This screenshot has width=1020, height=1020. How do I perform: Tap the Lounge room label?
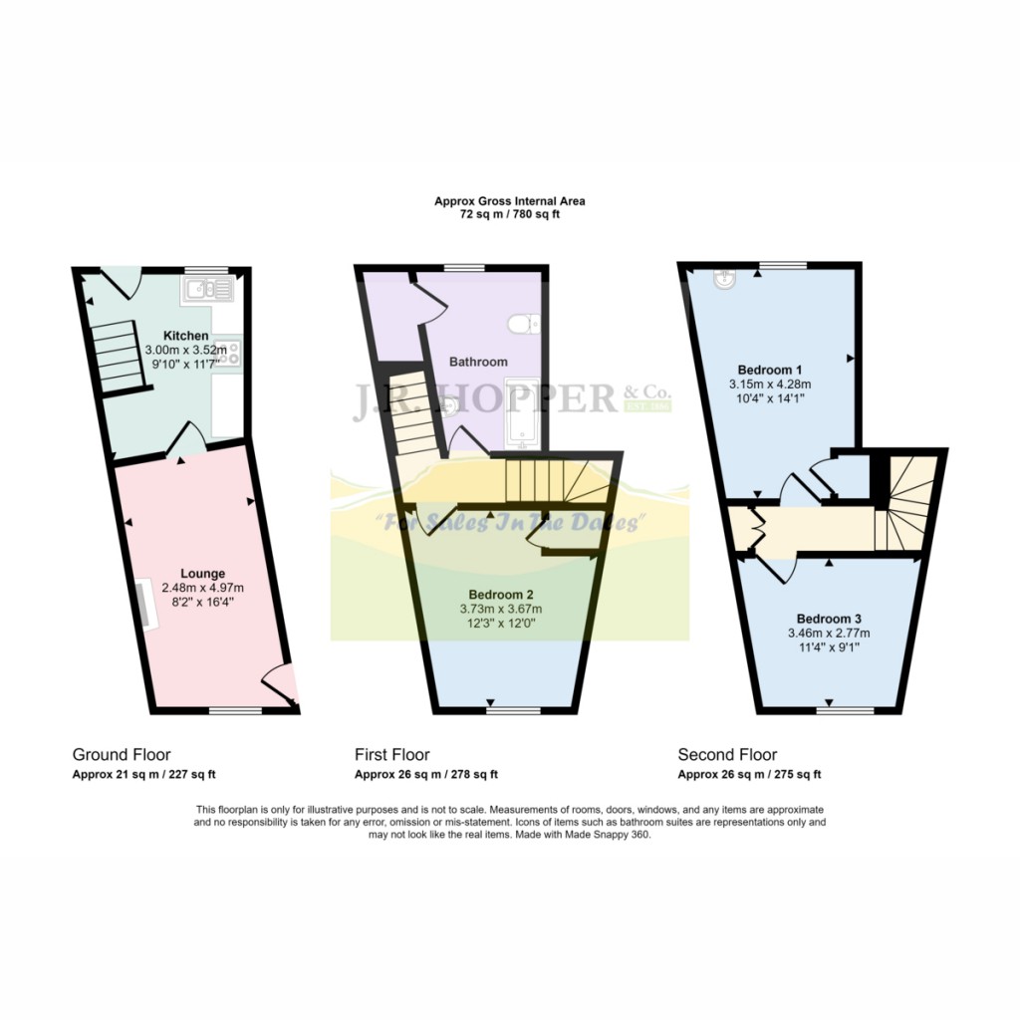coord(202,573)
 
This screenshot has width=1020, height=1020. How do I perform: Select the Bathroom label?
coord(478,362)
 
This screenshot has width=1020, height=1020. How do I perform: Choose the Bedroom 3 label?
coord(830,619)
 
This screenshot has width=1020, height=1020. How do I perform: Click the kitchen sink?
coord(207,289)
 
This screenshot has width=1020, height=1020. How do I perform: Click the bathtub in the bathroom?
coord(522,410)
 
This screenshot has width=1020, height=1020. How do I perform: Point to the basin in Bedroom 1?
coord(724,281)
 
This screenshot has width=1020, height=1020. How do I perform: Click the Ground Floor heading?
coord(122,755)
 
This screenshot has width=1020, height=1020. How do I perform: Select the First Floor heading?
coord(392,755)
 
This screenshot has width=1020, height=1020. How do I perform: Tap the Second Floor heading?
coord(727,755)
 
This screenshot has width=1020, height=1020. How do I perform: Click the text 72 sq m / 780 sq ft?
coord(510,214)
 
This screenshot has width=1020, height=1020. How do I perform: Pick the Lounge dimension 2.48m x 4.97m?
coord(202,588)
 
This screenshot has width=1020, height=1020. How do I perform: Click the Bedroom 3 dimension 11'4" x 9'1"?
coord(830,647)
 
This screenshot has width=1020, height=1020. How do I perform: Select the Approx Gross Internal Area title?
coord(510,200)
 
